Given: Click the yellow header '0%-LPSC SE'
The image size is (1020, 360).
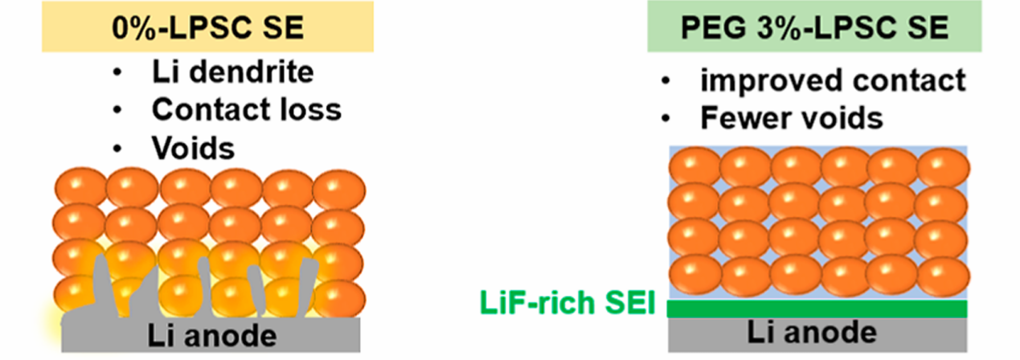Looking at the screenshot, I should click(207, 27).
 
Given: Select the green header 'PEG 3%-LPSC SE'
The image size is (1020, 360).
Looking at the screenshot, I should click(816, 27).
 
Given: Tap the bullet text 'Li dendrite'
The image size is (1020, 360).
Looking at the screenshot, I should click(231, 72).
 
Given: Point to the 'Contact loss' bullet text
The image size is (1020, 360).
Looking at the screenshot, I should click(246, 109).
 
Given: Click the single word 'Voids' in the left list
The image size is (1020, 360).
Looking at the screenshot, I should click(192, 147).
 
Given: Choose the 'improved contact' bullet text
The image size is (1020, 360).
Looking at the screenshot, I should click(833, 80).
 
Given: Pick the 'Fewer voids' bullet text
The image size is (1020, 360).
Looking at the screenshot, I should click(792, 119).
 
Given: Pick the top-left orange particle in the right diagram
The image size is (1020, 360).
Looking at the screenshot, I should click(694, 167).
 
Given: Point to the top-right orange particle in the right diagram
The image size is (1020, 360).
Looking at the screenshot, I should click(943, 167).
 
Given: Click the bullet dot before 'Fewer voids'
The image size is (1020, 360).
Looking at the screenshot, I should click(665, 119).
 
